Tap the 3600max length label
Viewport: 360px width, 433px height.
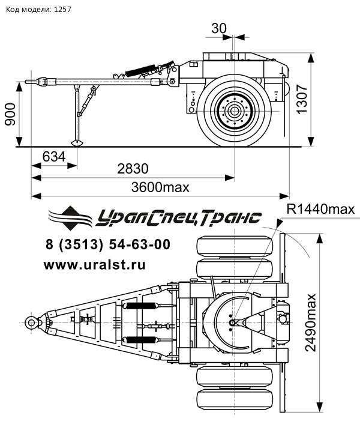(x=160, y=187)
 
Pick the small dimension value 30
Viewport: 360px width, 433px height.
(x=220, y=28)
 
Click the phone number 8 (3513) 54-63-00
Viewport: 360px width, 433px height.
(x=108, y=244)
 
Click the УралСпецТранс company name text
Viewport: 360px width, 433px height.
(x=178, y=217)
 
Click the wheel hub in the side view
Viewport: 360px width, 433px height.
(x=233, y=111)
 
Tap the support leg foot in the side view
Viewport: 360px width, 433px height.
(x=77, y=142)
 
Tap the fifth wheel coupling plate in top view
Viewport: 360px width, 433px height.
(x=231, y=322)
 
